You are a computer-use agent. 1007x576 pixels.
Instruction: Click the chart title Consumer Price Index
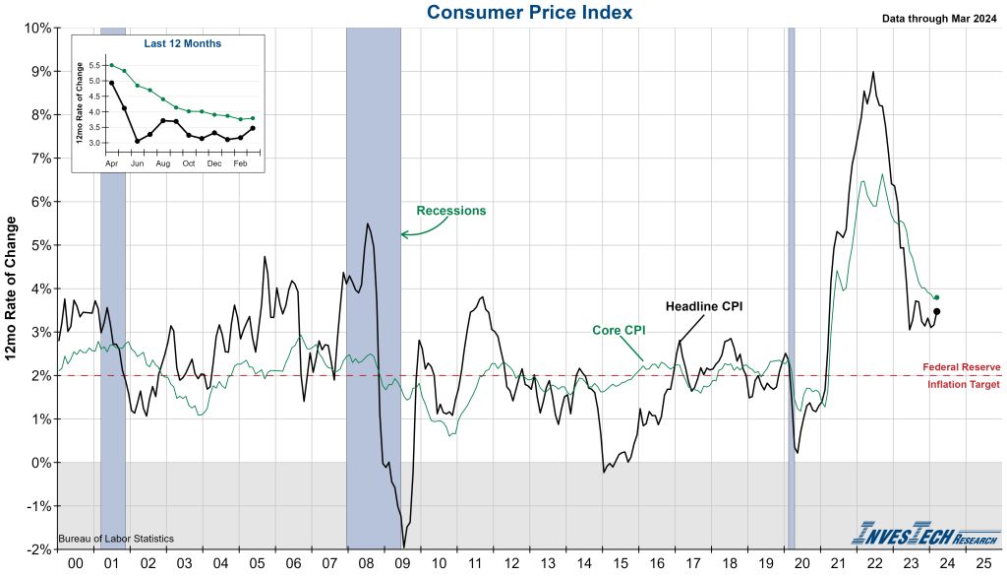click(x=530, y=13)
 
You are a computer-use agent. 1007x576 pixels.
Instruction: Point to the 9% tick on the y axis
click(x=38, y=71)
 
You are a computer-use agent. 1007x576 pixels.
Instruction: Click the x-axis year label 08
click(x=365, y=564)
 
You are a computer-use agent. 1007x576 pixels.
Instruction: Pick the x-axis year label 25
click(x=983, y=564)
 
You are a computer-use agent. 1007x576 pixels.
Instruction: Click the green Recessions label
click(x=451, y=211)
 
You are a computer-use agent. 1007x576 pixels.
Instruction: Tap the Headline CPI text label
click(x=704, y=306)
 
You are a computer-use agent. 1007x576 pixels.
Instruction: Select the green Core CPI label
click(x=618, y=330)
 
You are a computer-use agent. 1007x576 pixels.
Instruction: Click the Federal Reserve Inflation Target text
click(x=962, y=375)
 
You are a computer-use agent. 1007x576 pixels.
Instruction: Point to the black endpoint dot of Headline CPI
click(x=936, y=311)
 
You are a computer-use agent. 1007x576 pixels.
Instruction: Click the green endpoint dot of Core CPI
click(x=936, y=297)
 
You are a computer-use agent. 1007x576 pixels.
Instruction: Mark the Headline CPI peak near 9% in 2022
click(x=873, y=72)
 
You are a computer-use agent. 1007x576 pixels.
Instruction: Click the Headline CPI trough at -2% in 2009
click(x=403, y=547)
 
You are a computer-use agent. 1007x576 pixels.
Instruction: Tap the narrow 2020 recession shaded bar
click(x=792, y=286)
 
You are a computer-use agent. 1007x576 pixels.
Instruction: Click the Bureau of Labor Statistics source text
click(x=117, y=539)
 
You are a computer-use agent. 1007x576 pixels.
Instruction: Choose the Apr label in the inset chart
click(x=112, y=162)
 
